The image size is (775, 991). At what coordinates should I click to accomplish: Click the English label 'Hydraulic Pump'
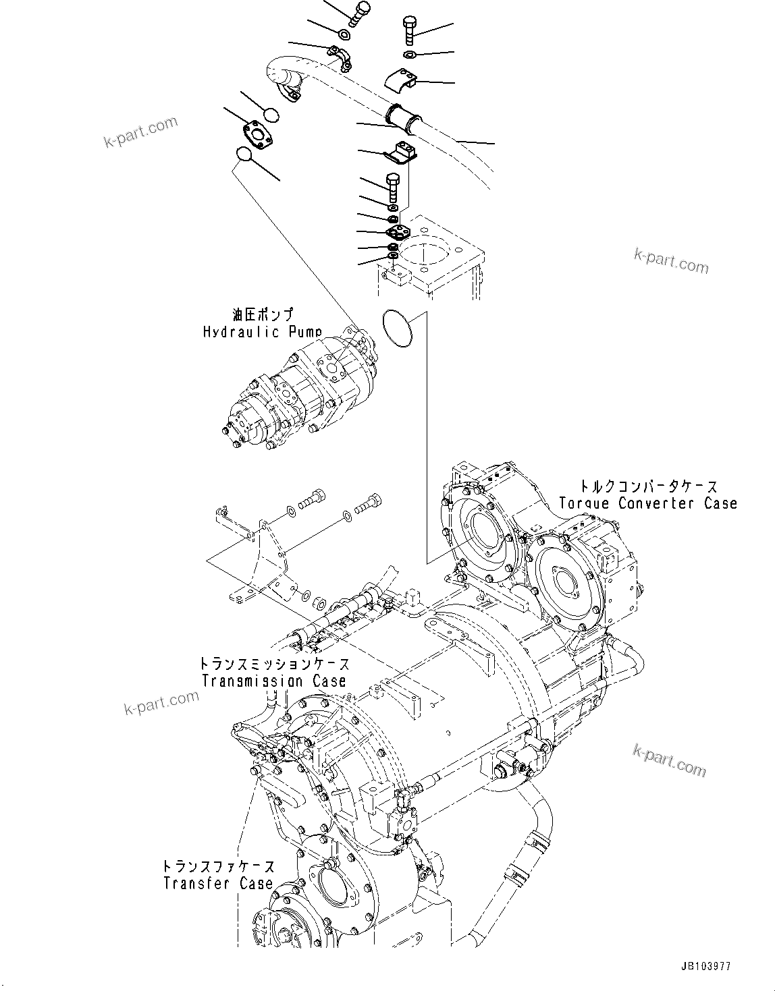(x=262, y=332)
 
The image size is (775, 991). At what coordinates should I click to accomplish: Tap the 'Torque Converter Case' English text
(x=648, y=503)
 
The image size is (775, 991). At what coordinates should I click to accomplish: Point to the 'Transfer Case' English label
(x=218, y=883)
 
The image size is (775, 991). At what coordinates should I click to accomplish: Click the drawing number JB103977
(x=701, y=967)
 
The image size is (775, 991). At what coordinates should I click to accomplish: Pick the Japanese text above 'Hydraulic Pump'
(x=263, y=315)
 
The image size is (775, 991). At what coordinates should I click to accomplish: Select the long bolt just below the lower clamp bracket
(x=394, y=188)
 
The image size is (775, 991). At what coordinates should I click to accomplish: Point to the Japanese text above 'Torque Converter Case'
(x=649, y=486)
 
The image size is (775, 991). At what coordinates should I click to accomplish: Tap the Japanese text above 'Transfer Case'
(x=218, y=866)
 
